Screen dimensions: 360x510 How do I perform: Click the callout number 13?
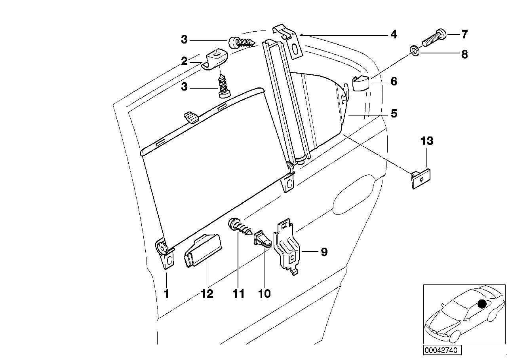[427, 141]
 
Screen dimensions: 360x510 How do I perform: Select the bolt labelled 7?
[434, 38]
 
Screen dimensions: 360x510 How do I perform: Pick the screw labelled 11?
[240, 229]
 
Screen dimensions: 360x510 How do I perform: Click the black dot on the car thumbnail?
[482, 304]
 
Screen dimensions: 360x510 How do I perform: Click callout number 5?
[393, 114]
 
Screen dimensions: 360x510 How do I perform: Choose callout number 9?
[324, 252]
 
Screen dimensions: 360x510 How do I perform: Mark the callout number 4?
[393, 35]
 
